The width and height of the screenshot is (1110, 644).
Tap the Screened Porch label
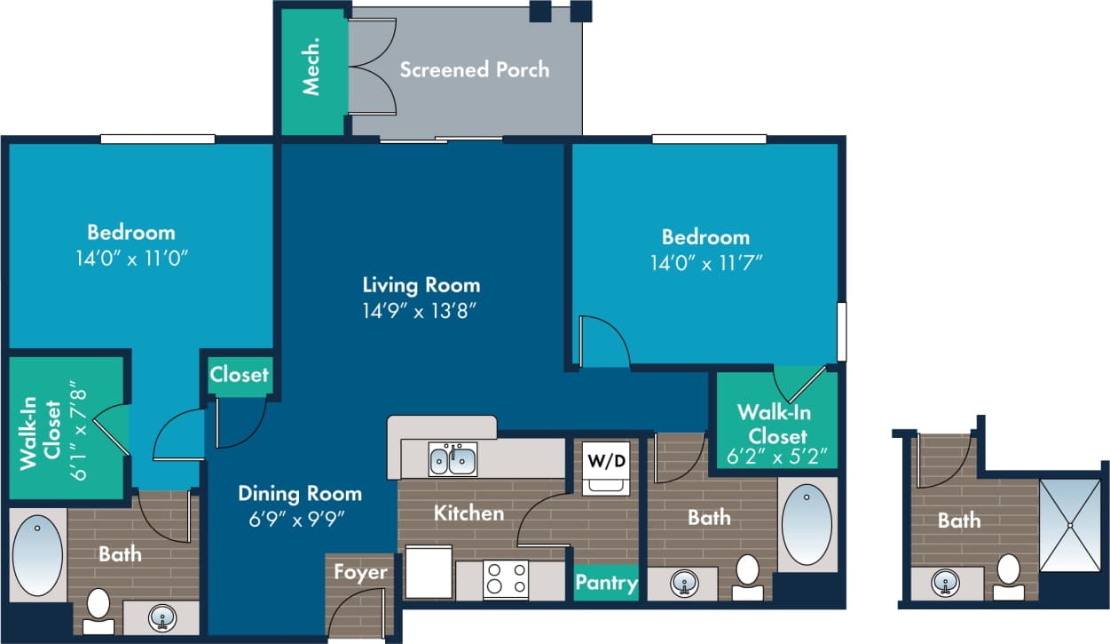[474, 69]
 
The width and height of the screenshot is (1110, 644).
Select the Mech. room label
[311, 71]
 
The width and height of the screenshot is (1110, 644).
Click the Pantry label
[606, 583]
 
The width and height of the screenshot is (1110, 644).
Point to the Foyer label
[360, 571]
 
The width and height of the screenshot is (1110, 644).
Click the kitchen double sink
[453, 460]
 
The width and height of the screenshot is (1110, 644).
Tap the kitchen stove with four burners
[505, 579]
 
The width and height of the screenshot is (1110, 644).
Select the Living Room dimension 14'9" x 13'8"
[421, 311]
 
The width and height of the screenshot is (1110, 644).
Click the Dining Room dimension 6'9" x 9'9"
[299, 518]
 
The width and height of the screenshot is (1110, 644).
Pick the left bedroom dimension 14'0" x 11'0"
[131, 258]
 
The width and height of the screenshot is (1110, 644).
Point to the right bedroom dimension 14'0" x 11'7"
[705, 262]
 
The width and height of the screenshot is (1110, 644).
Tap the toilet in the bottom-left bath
[98, 609]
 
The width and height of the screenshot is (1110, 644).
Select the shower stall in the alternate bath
[1069, 525]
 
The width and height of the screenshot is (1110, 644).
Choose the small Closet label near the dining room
[240, 374]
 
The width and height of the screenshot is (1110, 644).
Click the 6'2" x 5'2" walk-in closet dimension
[777, 457]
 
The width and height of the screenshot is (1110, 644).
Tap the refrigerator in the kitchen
[429, 573]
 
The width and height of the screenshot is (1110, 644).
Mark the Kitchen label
[468, 513]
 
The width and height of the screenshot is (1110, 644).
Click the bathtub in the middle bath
[807, 524]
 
